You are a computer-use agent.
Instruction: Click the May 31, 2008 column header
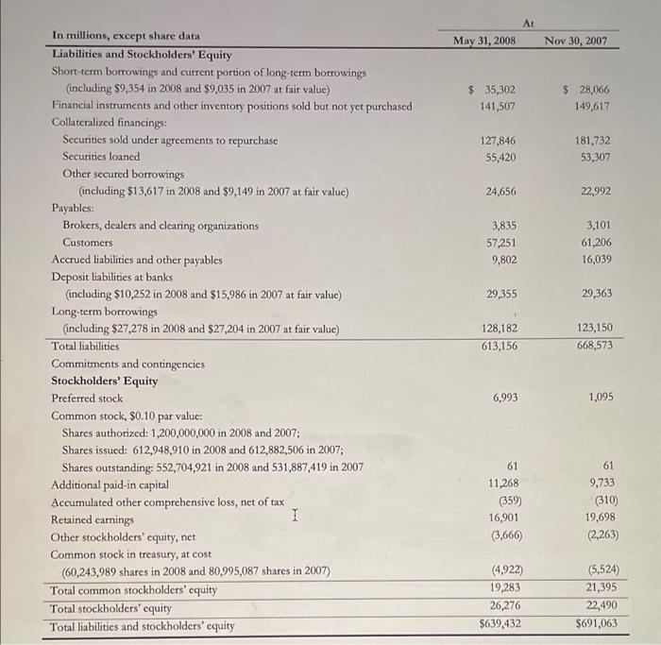point(484,41)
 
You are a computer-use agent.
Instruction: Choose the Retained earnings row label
point(93,519)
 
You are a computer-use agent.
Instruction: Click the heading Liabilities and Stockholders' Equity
point(142,55)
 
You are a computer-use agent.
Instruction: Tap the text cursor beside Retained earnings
point(297,516)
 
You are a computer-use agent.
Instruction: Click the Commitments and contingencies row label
point(127,364)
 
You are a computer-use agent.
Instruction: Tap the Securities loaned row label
point(101,156)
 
